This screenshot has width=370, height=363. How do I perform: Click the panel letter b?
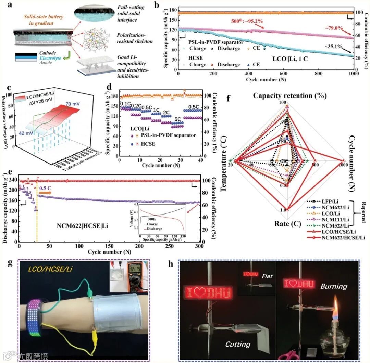[156, 5]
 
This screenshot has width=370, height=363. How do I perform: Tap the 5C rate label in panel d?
[178, 119]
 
